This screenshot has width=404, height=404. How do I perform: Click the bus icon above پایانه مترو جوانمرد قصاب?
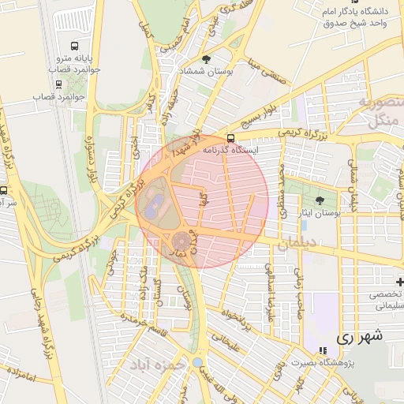74,47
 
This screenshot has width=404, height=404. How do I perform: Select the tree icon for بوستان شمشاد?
206,59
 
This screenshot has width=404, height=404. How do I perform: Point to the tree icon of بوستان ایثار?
320,201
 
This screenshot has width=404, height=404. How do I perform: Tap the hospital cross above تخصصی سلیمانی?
400,282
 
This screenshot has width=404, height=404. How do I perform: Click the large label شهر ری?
359,336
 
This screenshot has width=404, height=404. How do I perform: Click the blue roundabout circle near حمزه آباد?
197,362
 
